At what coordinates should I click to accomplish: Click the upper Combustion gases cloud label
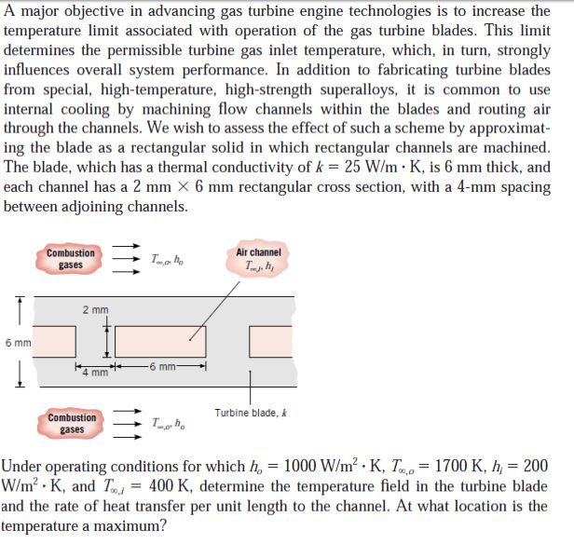coord(70,259)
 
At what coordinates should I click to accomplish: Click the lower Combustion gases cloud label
coord(72,424)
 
